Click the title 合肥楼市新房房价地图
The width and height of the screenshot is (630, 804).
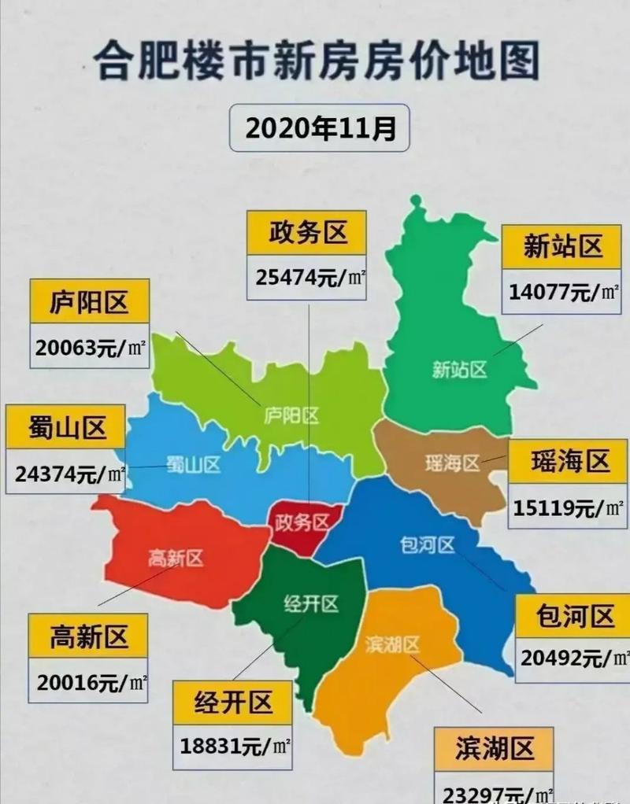315,61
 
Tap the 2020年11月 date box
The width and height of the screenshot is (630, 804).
320,127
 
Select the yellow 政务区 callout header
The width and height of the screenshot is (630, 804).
307,232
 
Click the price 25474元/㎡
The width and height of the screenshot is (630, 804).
307,277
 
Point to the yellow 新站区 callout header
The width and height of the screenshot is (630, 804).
562,247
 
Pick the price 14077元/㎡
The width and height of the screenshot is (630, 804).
562,293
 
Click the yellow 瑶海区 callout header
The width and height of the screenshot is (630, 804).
569,461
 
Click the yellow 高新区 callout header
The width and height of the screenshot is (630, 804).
88,636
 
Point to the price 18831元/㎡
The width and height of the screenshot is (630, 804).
232,744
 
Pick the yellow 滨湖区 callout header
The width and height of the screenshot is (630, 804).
495,748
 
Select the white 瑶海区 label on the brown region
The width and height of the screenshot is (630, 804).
451,463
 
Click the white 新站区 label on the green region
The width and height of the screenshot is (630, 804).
460,369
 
